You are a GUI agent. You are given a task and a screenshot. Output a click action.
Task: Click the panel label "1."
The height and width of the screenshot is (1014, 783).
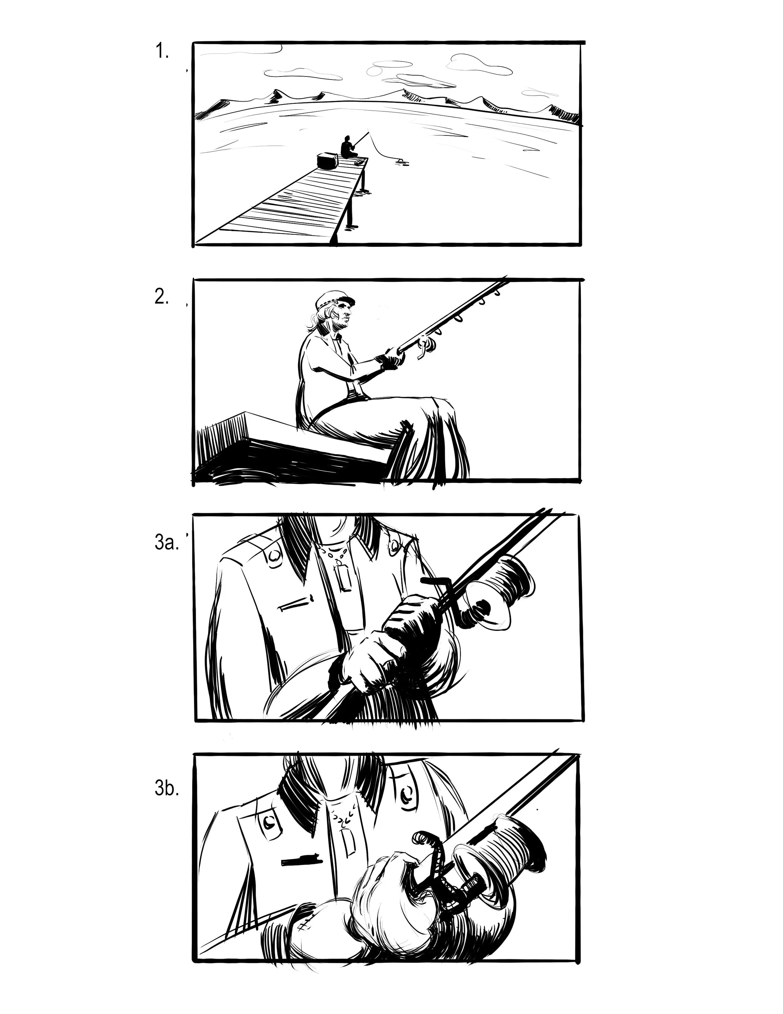pos(161,51)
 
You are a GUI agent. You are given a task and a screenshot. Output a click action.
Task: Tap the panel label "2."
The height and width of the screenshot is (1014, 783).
pos(161,297)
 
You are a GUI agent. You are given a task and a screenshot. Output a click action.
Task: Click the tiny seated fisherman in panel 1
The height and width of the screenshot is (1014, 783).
pos(347,148)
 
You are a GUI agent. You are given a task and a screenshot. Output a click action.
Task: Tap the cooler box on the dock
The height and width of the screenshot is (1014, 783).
pos(328,161)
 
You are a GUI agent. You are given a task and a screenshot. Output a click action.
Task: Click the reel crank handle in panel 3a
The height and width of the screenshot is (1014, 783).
pos(436,581)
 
